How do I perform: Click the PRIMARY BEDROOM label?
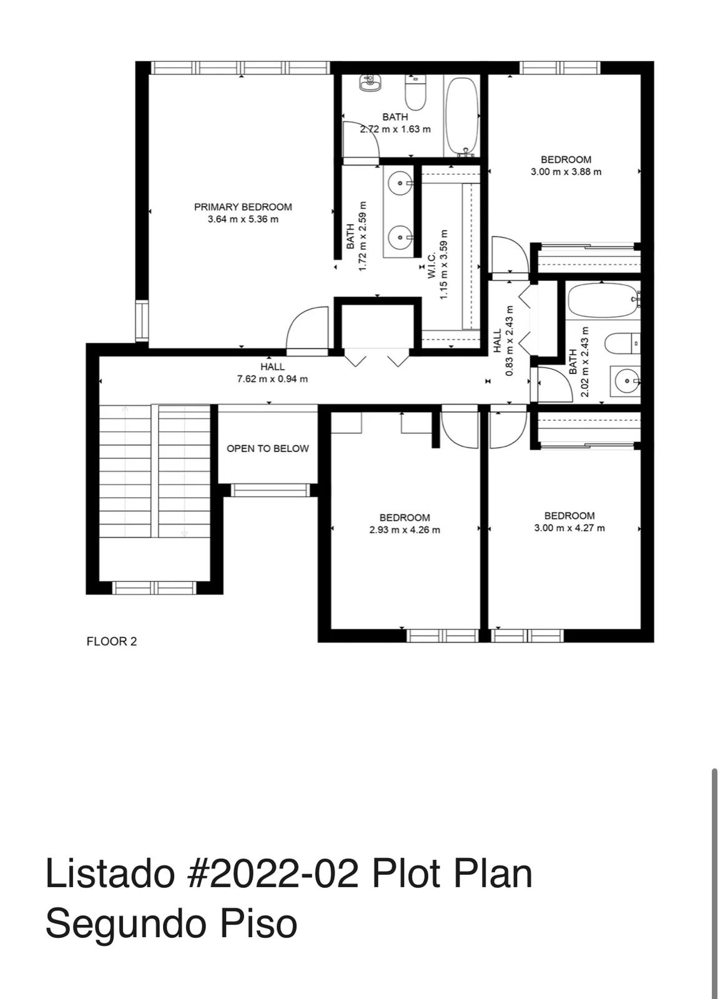(243, 207)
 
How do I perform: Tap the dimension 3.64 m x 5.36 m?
(243, 219)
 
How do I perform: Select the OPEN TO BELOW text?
(267, 448)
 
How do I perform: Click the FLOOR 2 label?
(111, 641)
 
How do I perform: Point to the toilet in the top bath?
(415, 92)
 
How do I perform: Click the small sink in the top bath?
(370, 82)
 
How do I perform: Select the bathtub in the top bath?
(463, 116)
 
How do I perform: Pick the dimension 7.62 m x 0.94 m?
(272, 379)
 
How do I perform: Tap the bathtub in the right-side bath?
(601, 300)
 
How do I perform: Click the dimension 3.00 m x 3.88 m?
(566, 172)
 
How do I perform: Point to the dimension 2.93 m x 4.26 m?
(405, 530)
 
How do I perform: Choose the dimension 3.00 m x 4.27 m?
(569, 528)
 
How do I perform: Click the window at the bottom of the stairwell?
(154, 588)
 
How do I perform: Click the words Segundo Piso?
(170, 923)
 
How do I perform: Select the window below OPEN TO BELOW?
(270, 490)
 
